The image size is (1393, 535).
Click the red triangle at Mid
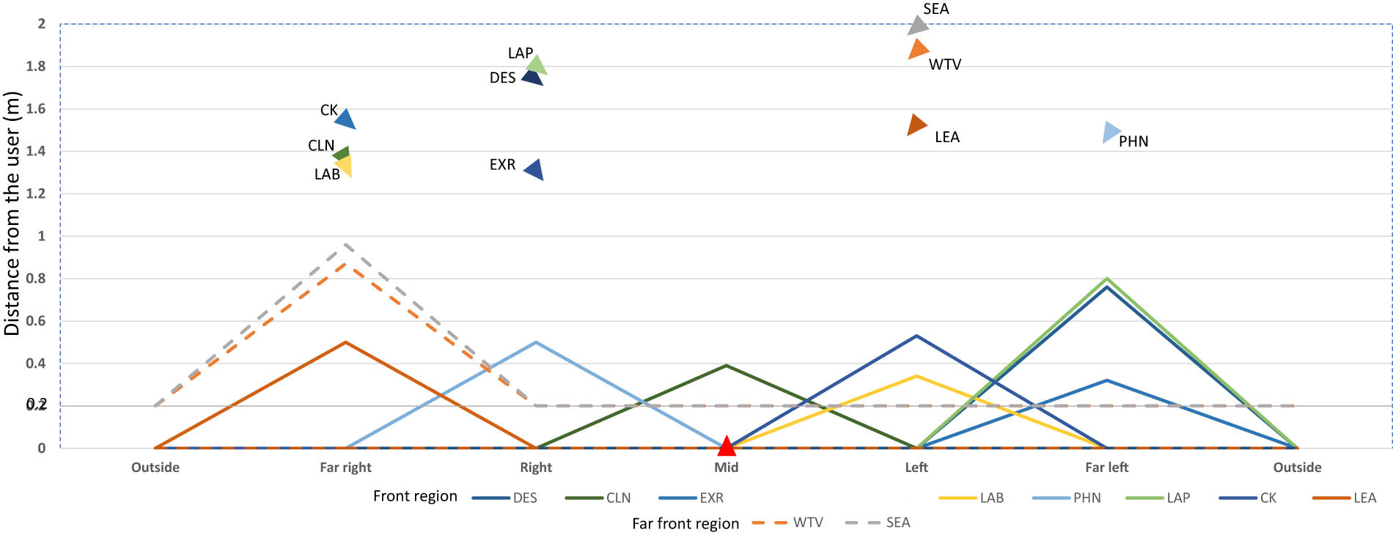726,446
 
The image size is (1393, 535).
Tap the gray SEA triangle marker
918,26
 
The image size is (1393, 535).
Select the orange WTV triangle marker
917,50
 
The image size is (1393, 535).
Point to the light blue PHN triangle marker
1111,132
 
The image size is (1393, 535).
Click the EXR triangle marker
534,169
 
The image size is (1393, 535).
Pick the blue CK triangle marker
345,119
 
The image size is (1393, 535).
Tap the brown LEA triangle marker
916,125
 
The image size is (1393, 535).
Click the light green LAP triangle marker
537,65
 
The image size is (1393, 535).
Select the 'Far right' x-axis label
345,468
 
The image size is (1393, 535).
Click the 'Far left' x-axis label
1106,468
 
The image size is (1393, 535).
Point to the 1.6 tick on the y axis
35,109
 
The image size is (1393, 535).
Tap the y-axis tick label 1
42,236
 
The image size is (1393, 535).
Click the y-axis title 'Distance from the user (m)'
12,213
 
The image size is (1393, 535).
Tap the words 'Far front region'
686,523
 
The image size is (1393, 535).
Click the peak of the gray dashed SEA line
345,245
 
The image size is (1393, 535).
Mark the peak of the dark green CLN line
726,365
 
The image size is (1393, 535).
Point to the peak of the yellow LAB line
916,376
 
